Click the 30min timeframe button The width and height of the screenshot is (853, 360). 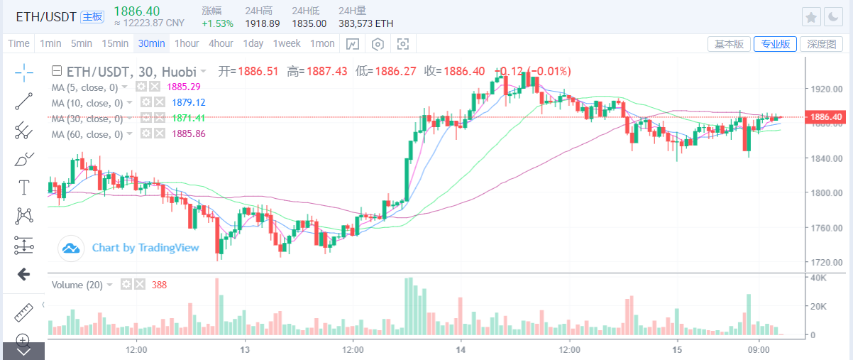(151, 43)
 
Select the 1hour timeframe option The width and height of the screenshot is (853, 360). (187, 43)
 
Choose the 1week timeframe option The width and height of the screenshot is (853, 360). (287, 43)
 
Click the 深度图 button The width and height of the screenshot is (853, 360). (821, 44)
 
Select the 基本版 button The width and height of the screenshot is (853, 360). (729, 44)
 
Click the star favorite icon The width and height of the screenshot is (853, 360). (812, 17)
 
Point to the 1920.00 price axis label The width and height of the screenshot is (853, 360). (827, 89)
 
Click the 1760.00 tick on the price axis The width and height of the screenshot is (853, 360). (827, 228)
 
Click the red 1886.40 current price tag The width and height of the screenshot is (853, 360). (827, 117)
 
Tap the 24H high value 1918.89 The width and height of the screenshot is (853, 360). (262, 23)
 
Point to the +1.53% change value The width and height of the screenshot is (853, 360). (217, 23)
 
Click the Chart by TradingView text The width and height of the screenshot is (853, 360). (145, 248)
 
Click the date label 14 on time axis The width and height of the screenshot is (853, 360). (461, 350)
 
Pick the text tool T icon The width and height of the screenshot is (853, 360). (24, 187)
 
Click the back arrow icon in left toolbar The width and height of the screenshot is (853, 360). (23, 274)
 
